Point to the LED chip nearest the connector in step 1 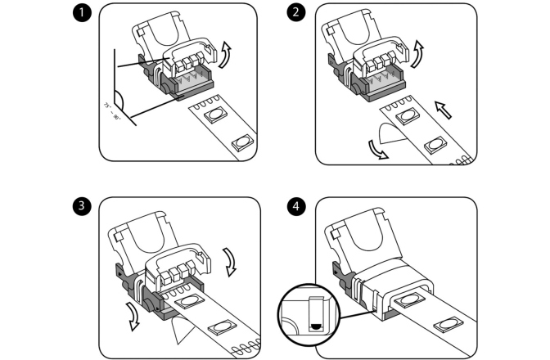pos(214,115)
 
